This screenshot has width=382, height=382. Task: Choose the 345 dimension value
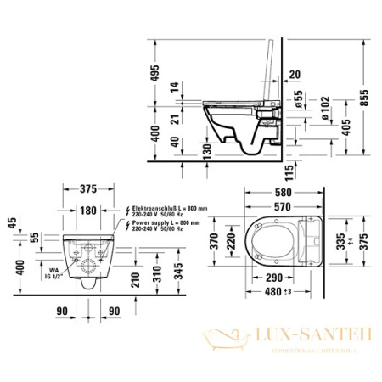(176, 270)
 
